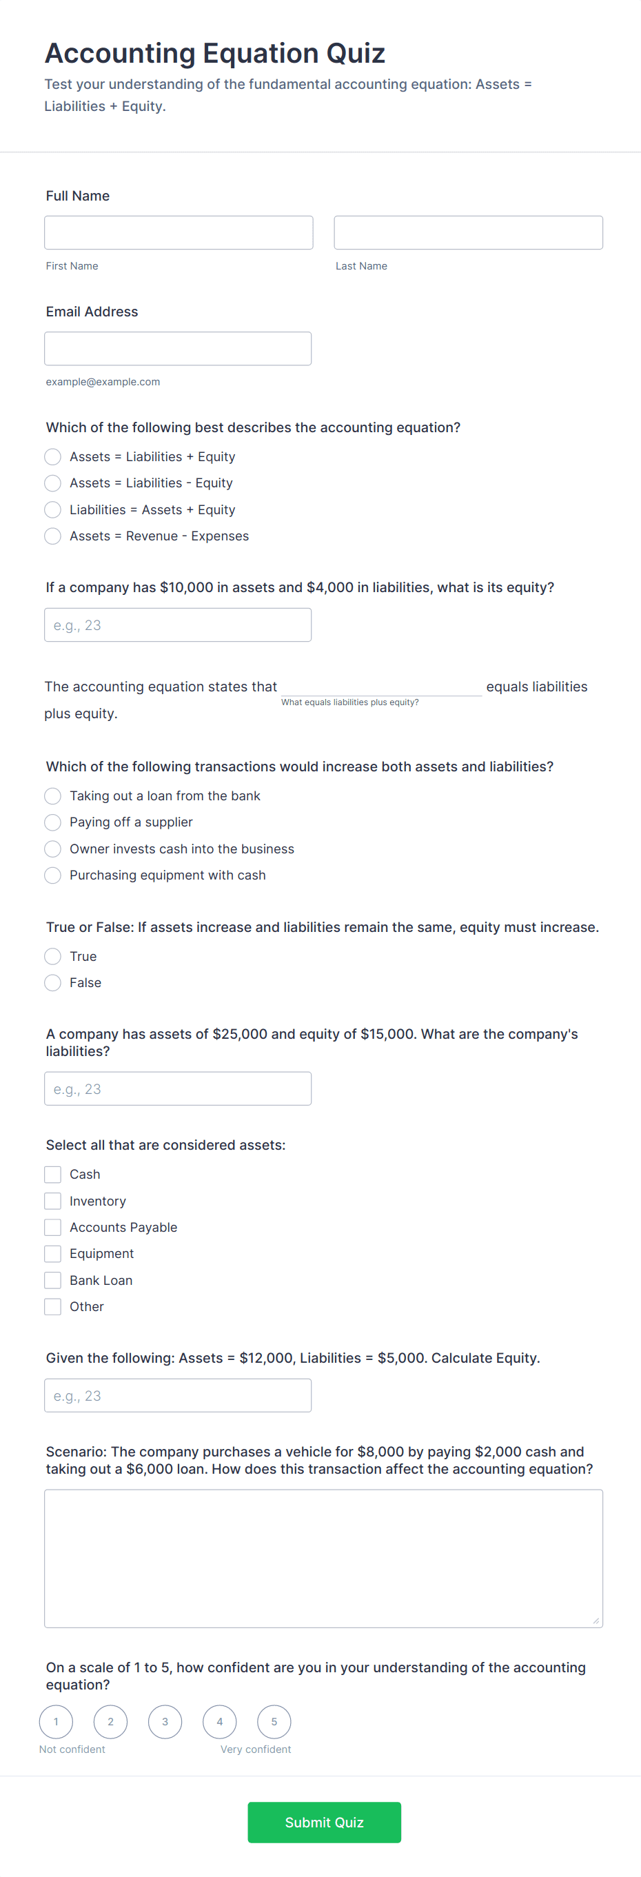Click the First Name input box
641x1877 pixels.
(x=179, y=232)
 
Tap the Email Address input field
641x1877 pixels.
(x=178, y=348)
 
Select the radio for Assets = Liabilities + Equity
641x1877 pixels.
(x=52, y=457)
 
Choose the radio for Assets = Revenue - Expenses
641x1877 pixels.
(x=52, y=536)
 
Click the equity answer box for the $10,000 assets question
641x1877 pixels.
(x=178, y=625)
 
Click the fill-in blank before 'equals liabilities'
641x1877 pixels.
(x=381, y=686)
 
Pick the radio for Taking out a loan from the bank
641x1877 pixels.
(x=52, y=795)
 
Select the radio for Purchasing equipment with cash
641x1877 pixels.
(x=52, y=875)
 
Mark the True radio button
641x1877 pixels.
(x=52, y=956)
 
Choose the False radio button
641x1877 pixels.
(x=52, y=983)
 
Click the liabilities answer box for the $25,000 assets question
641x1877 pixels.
(x=178, y=1088)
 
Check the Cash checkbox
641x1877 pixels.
(x=52, y=1175)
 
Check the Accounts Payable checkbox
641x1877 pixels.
(x=52, y=1228)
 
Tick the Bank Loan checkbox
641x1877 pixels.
(x=52, y=1280)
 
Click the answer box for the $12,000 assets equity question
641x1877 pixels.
(x=178, y=1395)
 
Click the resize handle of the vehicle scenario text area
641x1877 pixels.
(x=596, y=1621)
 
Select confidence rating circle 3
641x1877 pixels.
(x=165, y=1722)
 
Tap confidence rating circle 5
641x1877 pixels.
(x=274, y=1722)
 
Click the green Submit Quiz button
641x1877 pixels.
(x=324, y=1823)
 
